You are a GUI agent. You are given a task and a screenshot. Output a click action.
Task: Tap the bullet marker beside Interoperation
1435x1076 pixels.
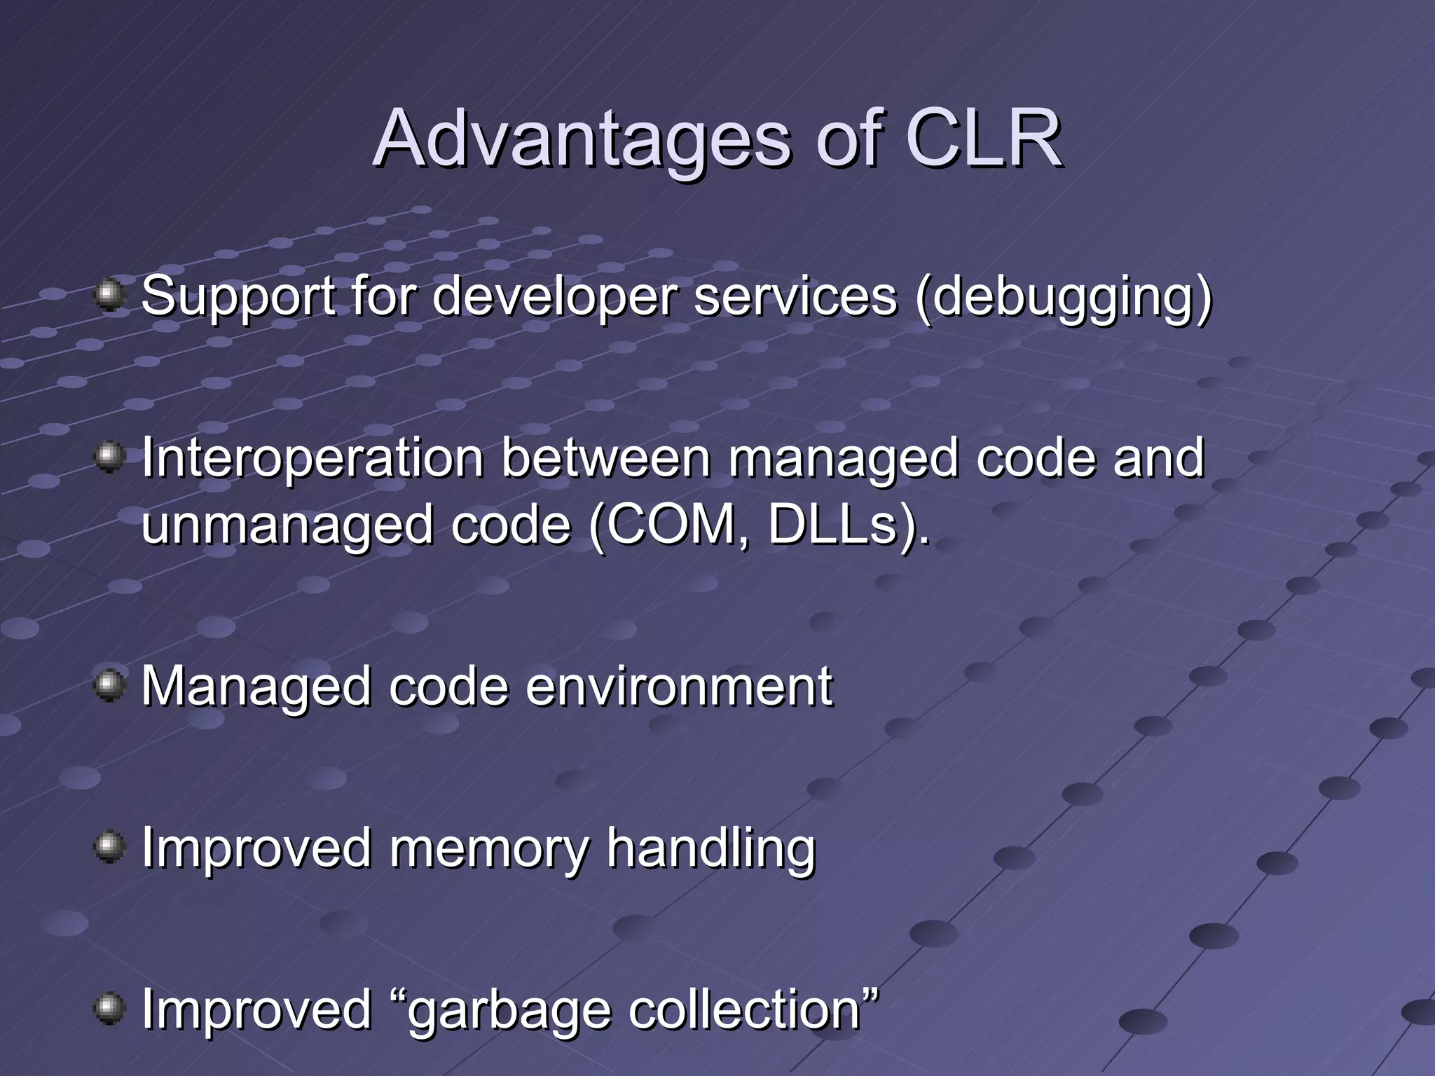tap(109, 457)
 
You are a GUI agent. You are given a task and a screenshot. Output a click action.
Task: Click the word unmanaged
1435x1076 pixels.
tap(287, 525)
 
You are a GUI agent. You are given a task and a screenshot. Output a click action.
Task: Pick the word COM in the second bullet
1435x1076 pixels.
tap(669, 525)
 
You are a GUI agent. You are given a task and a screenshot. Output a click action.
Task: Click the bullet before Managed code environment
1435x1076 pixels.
tap(109, 685)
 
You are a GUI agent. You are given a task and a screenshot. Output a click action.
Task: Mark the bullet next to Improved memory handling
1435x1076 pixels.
tap(109, 847)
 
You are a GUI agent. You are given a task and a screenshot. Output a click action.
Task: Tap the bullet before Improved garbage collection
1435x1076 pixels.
tap(109, 1009)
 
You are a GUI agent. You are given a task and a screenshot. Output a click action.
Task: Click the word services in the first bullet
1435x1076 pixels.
tap(795, 296)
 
